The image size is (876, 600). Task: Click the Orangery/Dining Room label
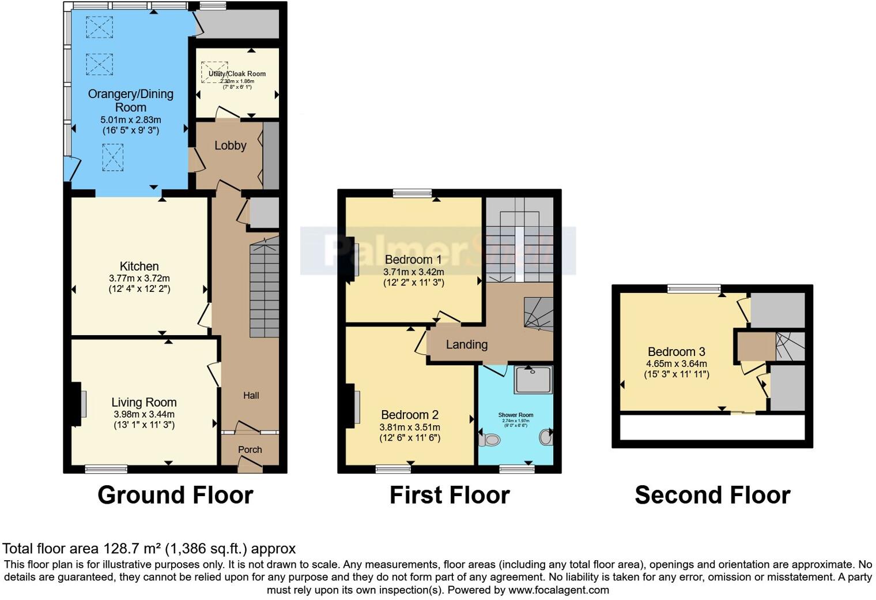pos(130,100)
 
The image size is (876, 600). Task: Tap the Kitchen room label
pos(139,266)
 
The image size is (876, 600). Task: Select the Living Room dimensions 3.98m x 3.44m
pos(144,414)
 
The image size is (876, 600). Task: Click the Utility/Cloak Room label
pos(237,74)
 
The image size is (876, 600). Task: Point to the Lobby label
pos(231,145)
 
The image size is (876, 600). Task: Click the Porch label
pos(250,449)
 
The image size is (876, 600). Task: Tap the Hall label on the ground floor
pos(251,395)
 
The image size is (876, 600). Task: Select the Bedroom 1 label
pos(413,259)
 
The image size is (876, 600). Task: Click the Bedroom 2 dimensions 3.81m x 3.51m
pos(410,427)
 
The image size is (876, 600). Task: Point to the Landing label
pos(467,344)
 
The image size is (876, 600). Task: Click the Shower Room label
pos(516,415)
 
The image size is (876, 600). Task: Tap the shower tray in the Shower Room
pos(533,379)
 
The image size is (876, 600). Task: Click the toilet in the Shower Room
pos(489,440)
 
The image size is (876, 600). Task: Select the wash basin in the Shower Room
pos(546,437)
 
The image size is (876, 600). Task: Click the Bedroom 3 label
pos(676,351)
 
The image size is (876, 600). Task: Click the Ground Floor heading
pos(175,495)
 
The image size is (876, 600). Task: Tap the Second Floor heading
pos(712,495)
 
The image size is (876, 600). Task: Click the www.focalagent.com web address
pos(558,590)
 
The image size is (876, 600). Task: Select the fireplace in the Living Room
pos(75,404)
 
